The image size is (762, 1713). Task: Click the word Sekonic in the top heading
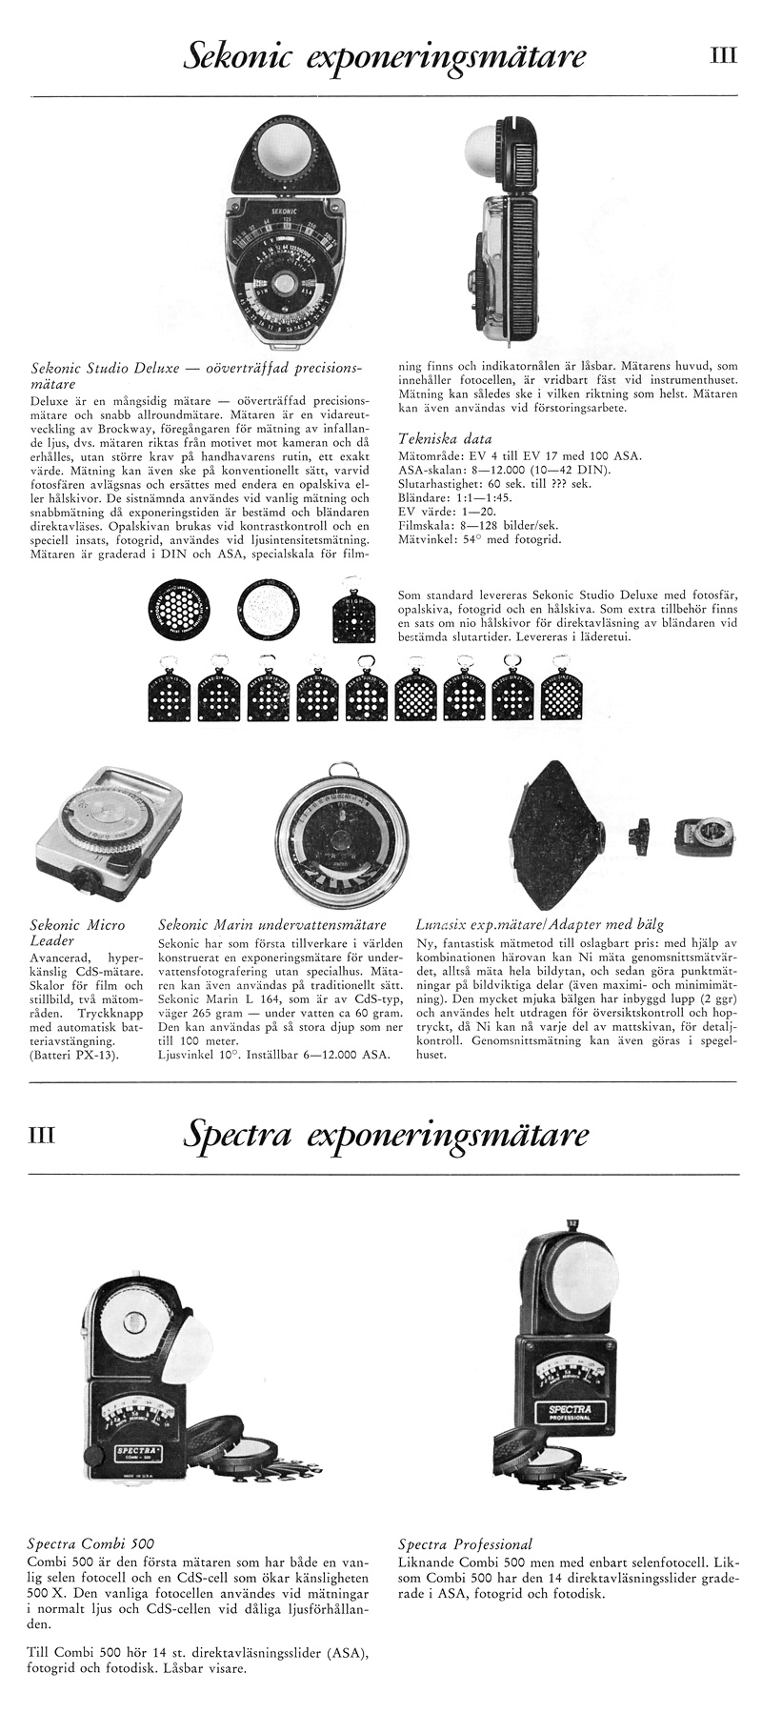pos(248,58)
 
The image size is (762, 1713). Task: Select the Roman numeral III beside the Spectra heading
pos(46,1134)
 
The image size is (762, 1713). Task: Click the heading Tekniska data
pos(444,439)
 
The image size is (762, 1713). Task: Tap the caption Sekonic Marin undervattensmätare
pos(270,925)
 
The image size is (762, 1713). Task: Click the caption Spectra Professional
pos(465,1543)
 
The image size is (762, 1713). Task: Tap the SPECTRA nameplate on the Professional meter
pos(569,1411)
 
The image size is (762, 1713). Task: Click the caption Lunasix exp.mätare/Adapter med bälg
pos(540,925)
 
